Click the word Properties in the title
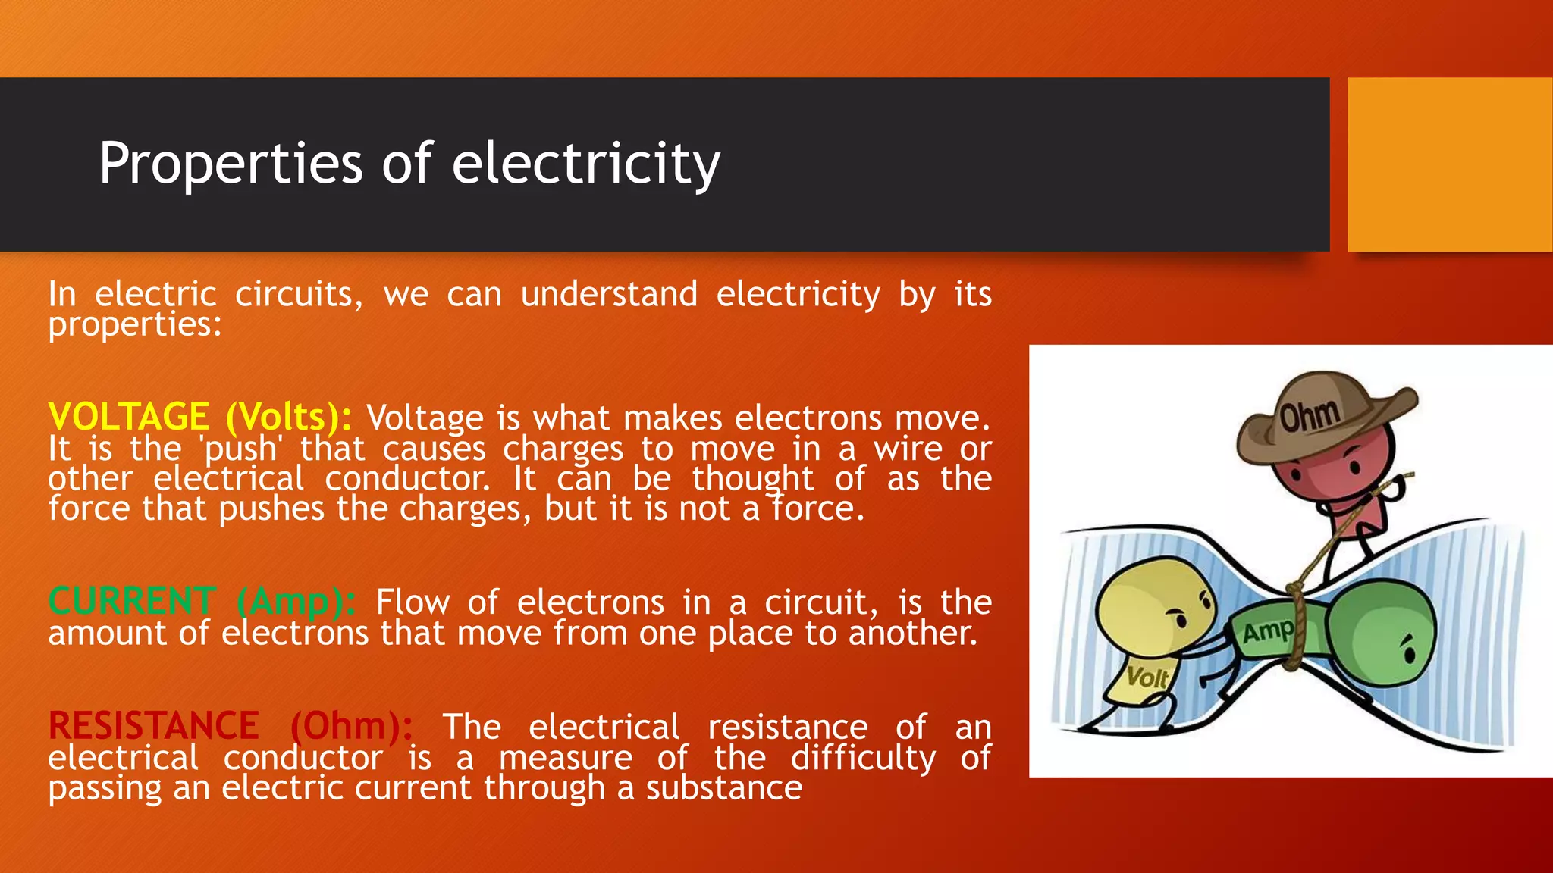point(231,164)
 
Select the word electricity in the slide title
point(585,164)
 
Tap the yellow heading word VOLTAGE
point(129,417)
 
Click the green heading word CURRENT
point(133,602)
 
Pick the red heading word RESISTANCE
point(154,726)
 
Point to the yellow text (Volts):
point(289,417)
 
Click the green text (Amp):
point(296,602)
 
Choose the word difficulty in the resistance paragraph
point(863,758)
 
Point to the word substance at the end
point(724,788)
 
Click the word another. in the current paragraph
point(913,633)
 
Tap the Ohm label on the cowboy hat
point(1310,415)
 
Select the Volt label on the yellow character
point(1147,676)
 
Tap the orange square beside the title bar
point(1450,164)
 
